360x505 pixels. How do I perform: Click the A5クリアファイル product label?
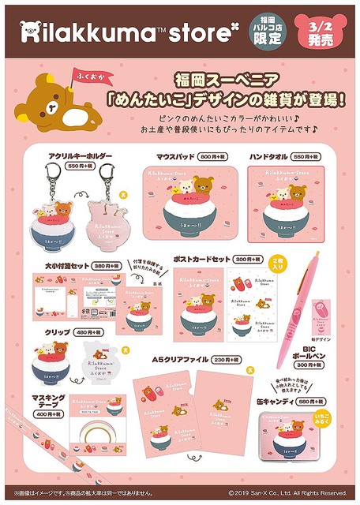pyautogui.click(x=178, y=359)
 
